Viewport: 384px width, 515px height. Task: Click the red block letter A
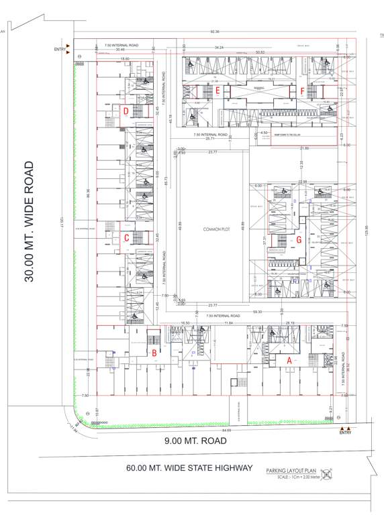point(289,359)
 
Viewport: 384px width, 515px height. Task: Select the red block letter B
point(154,353)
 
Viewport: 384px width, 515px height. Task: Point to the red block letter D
point(125,111)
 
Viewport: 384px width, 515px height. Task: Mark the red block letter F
point(303,90)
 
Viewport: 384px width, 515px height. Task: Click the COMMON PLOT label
point(216,229)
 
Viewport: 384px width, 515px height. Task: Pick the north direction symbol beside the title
point(327,473)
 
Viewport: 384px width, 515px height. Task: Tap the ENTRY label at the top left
point(61,50)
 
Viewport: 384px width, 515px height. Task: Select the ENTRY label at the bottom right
point(345,433)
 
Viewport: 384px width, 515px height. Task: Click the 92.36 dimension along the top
point(215,32)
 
